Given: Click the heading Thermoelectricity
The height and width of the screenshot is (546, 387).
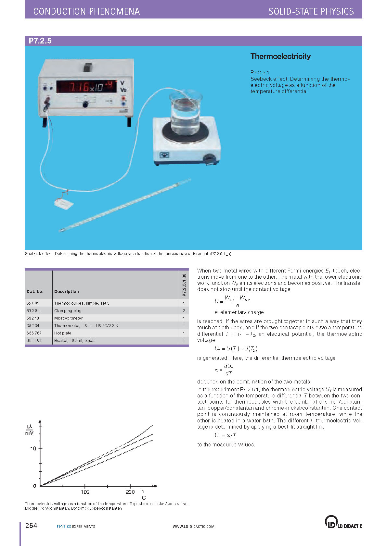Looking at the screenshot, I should coord(280,56).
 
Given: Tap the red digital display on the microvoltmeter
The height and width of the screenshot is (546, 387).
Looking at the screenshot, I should coord(86,87).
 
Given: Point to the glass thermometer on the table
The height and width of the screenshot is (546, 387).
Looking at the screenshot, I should coord(125,205).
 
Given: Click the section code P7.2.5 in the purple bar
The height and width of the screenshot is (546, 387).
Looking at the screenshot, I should coord(40,41).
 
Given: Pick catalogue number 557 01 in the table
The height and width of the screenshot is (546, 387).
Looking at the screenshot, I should coord(32,303).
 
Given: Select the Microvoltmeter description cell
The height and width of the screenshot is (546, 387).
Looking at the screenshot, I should coord(69,318).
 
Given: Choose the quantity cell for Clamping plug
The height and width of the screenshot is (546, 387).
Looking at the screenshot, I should coord(184,310).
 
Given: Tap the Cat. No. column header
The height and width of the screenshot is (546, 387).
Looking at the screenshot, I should coord(35,291).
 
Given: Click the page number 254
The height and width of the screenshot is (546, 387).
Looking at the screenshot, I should coord(32,526).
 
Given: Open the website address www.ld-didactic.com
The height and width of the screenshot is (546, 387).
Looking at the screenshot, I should coord(193,527).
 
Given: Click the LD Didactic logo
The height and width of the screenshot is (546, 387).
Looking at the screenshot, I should coord(343,522).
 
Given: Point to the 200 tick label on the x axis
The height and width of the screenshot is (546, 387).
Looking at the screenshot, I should coord(130,492).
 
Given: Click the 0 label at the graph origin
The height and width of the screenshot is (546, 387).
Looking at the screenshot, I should coord(35,486).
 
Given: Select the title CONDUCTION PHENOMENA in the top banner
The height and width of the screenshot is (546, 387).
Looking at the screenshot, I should coord(86,11).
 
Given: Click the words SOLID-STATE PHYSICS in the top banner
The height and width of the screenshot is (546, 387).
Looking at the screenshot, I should coord(311,11).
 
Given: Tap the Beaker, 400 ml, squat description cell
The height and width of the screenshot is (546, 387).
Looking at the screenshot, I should coord(74,340).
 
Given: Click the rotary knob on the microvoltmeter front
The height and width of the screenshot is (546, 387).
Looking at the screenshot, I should coord(85,104).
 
